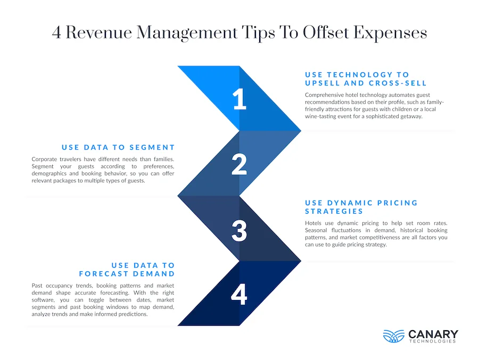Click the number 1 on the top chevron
[x=240, y=99]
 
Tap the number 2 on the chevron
[x=240, y=164]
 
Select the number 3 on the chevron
[x=240, y=230]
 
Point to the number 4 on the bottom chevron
[x=240, y=295]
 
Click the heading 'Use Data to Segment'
[x=118, y=147]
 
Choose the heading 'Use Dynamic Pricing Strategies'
[x=361, y=207]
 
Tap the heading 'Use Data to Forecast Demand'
[x=127, y=269]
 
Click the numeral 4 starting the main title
[x=56, y=33]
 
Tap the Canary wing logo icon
[x=393, y=336]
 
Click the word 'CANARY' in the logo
[x=433, y=334]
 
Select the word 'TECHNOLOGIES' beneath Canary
[x=433, y=341]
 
